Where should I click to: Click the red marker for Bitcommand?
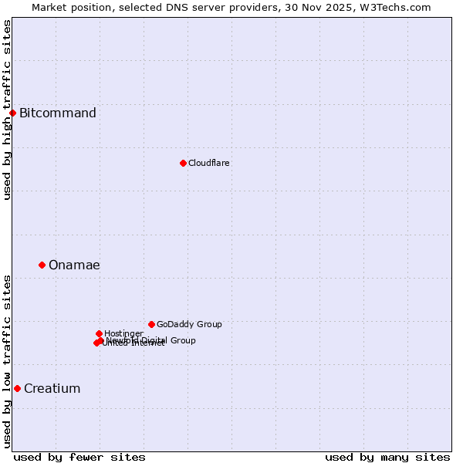click(x=12, y=113)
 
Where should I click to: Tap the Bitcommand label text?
click(x=58, y=113)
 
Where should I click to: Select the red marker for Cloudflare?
click(x=183, y=163)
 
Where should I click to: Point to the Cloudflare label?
click(x=209, y=163)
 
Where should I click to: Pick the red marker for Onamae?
click(x=42, y=265)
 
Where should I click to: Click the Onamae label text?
click(x=74, y=265)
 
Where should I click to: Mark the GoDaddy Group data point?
click(x=151, y=324)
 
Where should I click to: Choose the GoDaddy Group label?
click(x=189, y=324)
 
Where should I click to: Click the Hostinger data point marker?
click(x=99, y=333)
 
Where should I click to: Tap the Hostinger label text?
click(x=123, y=333)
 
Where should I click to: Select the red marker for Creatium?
click(x=17, y=388)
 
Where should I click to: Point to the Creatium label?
click(x=52, y=388)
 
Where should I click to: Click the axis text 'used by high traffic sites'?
click(x=7, y=110)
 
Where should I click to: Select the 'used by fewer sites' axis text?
click(x=79, y=457)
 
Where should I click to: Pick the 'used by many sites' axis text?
click(x=387, y=457)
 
